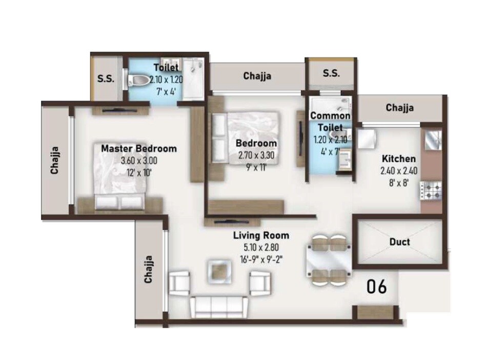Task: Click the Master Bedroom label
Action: (x=138, y=149)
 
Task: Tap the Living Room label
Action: (x=261, y=236)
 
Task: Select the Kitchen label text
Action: (x=398, y=159)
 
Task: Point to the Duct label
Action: (x=399, y=242)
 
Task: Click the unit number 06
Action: (x=376, y=287)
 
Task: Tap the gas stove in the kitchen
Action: (x=431, y=191)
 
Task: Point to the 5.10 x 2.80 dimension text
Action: (x=260, y=248)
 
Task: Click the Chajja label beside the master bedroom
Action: (x=55, y=161)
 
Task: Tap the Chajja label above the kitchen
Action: (x=399, y=108)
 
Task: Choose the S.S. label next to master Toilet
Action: (x=106, y=79)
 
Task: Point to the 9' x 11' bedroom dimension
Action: (x=256, y=166)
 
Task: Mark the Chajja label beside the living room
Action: (x=149, y=269)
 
